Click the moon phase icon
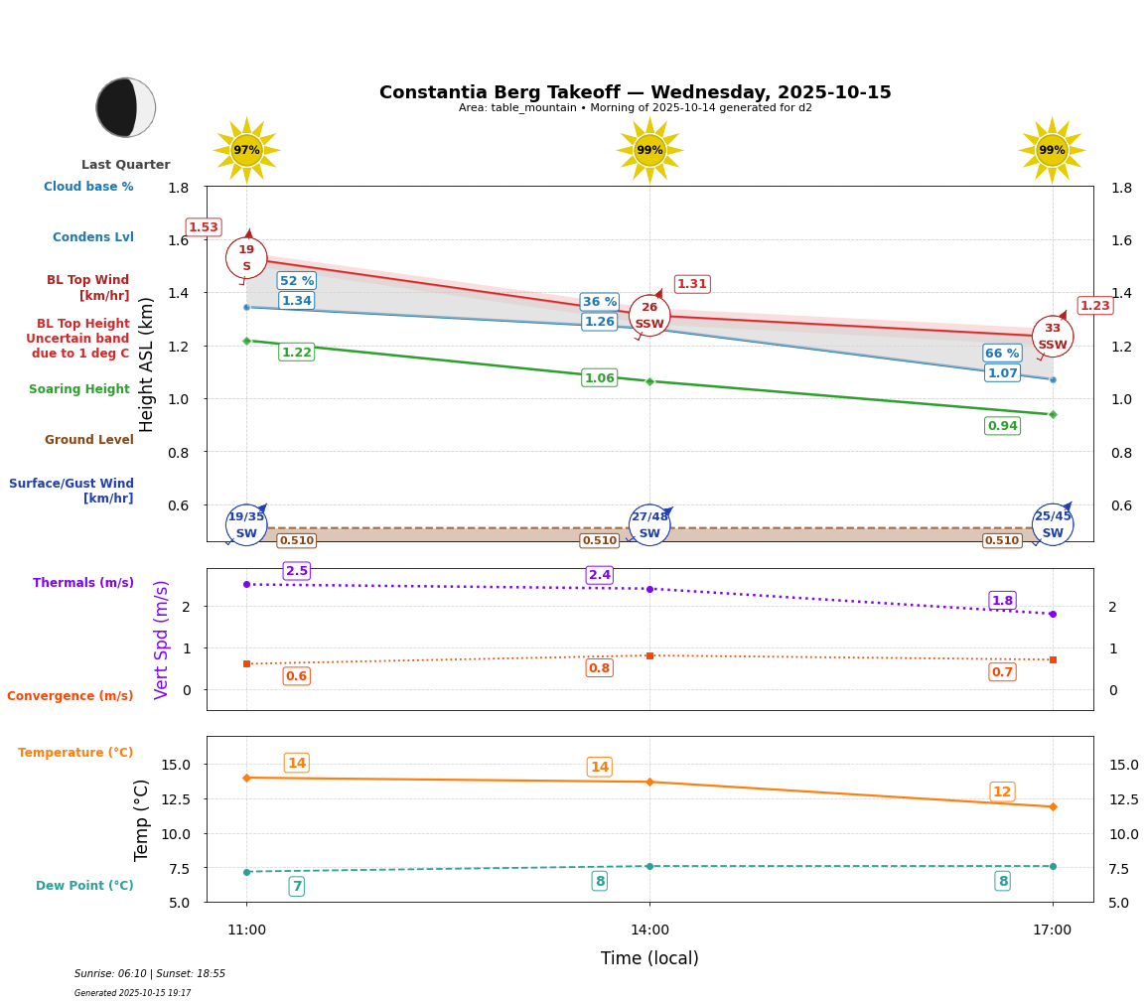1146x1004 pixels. [x=125, y=107]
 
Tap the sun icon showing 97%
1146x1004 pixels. [x=246, y=150]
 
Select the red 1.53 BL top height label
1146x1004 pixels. [x=204, y=227]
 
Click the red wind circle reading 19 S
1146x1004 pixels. [x=246, y=258]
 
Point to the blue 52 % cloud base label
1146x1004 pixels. [x=296, y=281]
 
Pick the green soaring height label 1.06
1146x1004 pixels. [x=599, y=378]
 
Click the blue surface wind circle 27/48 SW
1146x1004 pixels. [x=649, y=525]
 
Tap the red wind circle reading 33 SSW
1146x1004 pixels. [x=1052, y=337]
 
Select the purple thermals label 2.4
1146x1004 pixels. [x=599, y=575]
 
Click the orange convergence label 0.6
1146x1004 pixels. [x=296, y=676]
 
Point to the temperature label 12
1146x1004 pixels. [x=1002, y=791]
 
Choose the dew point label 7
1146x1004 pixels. [x=296, y=886]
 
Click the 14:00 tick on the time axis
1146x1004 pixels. [x=649, y=930]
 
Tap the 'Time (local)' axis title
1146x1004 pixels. [x=649, y=958]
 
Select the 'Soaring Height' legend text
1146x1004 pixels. [x=79, y=389]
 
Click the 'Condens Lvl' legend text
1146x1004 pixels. [x=93, y=237]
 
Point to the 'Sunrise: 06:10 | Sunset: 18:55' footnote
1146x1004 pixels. [x=150, y=974]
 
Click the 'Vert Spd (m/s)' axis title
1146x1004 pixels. [x=162, y=640]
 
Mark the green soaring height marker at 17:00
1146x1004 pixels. [x=1053, y=414]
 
